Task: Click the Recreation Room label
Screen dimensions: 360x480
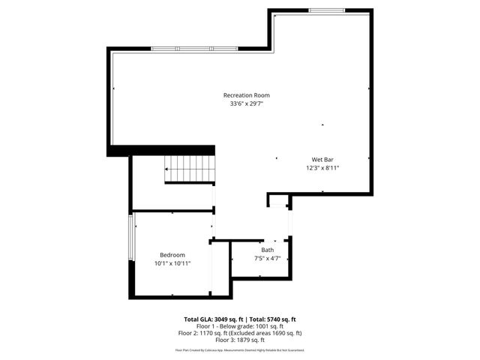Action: pyautogui.click(x=246, y=95)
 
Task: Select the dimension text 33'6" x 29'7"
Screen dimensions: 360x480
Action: pyautogui.click(x=246, y=103)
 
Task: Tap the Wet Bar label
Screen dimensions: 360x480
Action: pyautogui.click(x=322, y=160)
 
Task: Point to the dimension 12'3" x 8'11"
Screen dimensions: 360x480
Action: pyautogui.click(x=322, y=168)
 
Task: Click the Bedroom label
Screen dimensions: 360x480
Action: pyautogui.click(x=172, y=255)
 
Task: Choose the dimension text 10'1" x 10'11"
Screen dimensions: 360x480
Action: pyautogui.click(x=172, y=263)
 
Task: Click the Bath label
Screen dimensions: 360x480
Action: pyautogui.click(x=268, y=250)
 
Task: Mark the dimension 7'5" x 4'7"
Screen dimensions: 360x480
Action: pyautogui.click(x=268, y=258)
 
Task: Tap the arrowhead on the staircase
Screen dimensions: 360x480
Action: pyautogui.click(x=167, y=170)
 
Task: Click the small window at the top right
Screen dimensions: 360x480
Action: pyautogui.click(x=327, y=10)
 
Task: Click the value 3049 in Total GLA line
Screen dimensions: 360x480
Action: pyautogui.click(x=225, y=319)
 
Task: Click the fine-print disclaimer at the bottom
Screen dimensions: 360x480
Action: pyautogui.click(x=240, y=349)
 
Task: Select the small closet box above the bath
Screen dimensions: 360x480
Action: pyautogui.click(x=278, y=200)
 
